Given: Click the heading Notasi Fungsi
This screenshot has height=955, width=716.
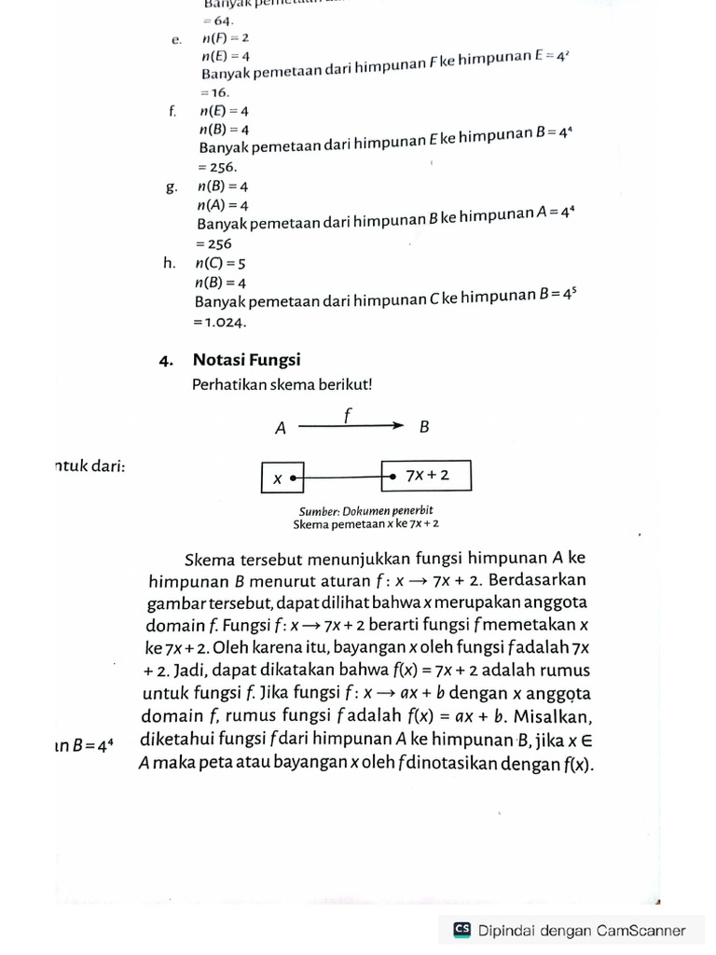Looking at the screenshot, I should tap(246, 359).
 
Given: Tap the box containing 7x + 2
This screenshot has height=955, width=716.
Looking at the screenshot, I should tap(426, 475).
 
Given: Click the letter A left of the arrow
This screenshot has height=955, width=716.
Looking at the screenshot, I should tap(280, 429).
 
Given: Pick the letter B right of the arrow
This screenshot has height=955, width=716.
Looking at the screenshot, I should tap(424, 428).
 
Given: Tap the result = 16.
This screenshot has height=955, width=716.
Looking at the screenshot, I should tap(213, 93).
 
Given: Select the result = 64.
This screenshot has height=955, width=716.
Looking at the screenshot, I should tap(217, 21).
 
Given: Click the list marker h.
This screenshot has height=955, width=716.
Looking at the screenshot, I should tap(169, 263).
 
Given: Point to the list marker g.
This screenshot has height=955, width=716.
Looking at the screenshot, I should tap(171, 187).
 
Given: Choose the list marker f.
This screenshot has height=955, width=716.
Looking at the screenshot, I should tap(172, 111).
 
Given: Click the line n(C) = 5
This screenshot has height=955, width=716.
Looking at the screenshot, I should tap(220, 264).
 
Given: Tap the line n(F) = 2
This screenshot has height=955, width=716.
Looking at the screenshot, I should tap(225, 38).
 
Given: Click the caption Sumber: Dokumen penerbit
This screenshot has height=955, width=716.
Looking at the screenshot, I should tap(365, 511).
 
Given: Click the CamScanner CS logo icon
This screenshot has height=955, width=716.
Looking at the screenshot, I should tap(461, 930).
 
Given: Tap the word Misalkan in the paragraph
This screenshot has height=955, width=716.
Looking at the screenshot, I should tap(551, 716).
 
